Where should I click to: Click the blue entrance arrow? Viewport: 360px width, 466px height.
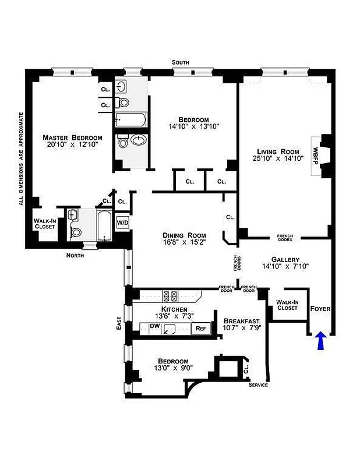click(x=320, y=341)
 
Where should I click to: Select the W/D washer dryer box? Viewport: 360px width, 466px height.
click(x=122, y=222)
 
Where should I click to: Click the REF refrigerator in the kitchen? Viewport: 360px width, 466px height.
click(x=200, y=329)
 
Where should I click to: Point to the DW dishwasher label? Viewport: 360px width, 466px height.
click(x=154, y=327)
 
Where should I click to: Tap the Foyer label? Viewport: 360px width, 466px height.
click(x=321, y=308)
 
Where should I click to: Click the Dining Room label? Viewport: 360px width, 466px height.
click(x=184, y=236)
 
